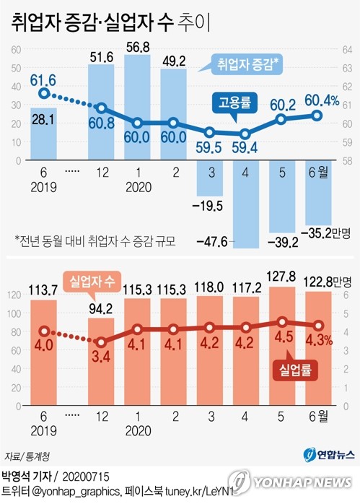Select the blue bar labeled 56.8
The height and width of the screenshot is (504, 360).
tap(137, 101)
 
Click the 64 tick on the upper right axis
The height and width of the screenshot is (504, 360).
tap(347, 50)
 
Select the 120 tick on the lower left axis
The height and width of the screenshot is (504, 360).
tap(14, 295)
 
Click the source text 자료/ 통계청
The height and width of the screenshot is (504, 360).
tap(22, 456)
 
